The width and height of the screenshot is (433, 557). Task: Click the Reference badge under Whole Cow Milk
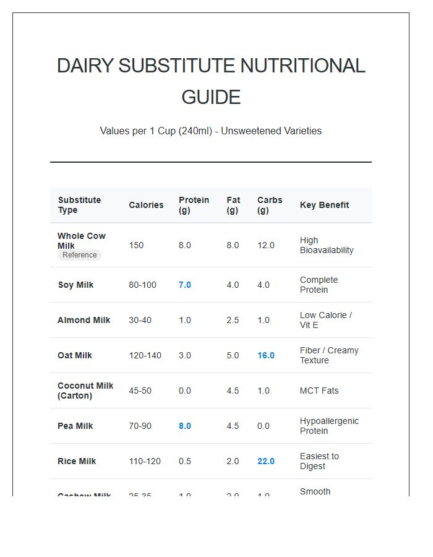point(79,255)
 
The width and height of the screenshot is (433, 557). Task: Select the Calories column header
point(146,205)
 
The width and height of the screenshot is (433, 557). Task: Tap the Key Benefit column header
point(324,205)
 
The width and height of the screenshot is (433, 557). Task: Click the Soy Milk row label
point(75,285)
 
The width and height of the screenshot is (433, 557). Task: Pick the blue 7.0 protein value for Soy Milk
point(185,285)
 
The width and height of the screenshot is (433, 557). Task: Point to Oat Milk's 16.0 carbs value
point(266,355)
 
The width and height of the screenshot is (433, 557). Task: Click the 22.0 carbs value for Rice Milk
point(266,461)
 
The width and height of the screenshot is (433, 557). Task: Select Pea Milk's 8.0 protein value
point(185,426)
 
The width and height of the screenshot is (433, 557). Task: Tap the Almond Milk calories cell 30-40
point(142,320)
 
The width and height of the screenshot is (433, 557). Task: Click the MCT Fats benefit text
point(319,391)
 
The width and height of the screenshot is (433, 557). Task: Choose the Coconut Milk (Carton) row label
point(85,391)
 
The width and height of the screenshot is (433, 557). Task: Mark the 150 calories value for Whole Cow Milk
point(136,245)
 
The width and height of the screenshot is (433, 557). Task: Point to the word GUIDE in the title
point(211,97)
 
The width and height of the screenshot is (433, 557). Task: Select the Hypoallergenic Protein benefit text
point(329,426)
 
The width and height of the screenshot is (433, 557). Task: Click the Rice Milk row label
point(77,461)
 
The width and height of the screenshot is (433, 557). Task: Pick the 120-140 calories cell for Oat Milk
point(145,355)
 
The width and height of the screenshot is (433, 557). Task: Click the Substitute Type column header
point(79,205)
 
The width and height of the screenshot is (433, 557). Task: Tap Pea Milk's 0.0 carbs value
point(264,426)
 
